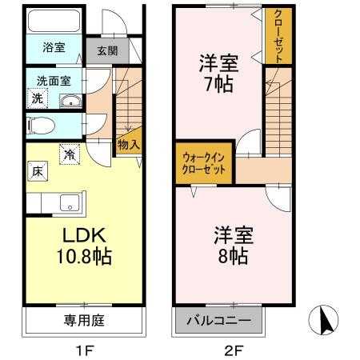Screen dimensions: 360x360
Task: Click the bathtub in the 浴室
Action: pos(54,21)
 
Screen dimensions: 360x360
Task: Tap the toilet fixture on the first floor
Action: pos(41,126)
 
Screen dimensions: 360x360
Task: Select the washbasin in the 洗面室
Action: pos(70,101)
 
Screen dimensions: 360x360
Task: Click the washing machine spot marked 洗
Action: pos(38,98)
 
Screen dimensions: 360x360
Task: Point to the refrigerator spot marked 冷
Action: pos(70,154)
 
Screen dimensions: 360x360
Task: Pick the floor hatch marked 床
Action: pos(38,171)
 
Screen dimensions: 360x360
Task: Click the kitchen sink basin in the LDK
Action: pos(70,203)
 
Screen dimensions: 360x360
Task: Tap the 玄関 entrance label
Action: pos(107,50)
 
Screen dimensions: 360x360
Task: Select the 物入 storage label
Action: pos(129,145)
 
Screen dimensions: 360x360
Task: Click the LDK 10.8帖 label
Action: pos(84,246)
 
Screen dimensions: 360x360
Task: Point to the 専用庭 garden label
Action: pos(84,320)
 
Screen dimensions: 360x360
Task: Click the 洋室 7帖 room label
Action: pos(218,74)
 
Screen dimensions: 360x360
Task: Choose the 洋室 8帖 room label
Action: pos(234,246)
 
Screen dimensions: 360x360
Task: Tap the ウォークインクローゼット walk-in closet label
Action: pos(203,164)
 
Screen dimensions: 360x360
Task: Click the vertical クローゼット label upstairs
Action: pos(278,36)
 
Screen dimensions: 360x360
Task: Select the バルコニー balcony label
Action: pos(218,320)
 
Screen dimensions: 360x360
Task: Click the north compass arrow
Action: pos(326,321)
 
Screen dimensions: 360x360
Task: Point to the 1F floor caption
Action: pos(85,350)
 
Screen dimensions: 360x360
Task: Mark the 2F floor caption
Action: pos(234,350)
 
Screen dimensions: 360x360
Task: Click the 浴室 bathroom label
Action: pos(54,47)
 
